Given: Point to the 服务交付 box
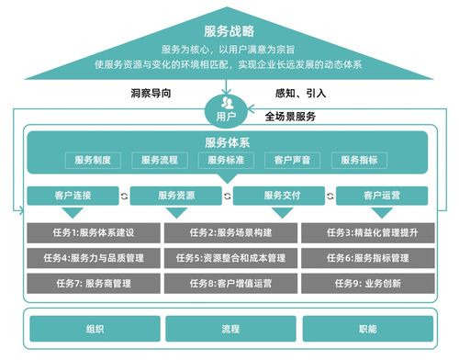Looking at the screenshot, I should coord(282,195).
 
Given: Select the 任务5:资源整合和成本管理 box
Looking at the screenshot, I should coord(229,258).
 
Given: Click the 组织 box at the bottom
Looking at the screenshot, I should coord(94,328).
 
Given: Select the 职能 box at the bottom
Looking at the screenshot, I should coord(365,328).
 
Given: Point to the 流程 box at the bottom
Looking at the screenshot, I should coord(229,328).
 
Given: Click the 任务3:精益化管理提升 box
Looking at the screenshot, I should coord(365,232).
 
